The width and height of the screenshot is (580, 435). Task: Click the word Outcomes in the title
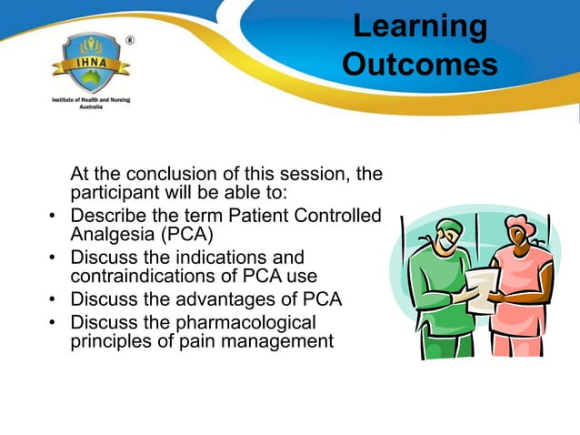pos(420,65)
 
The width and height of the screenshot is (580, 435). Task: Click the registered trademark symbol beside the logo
pos(131,41)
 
